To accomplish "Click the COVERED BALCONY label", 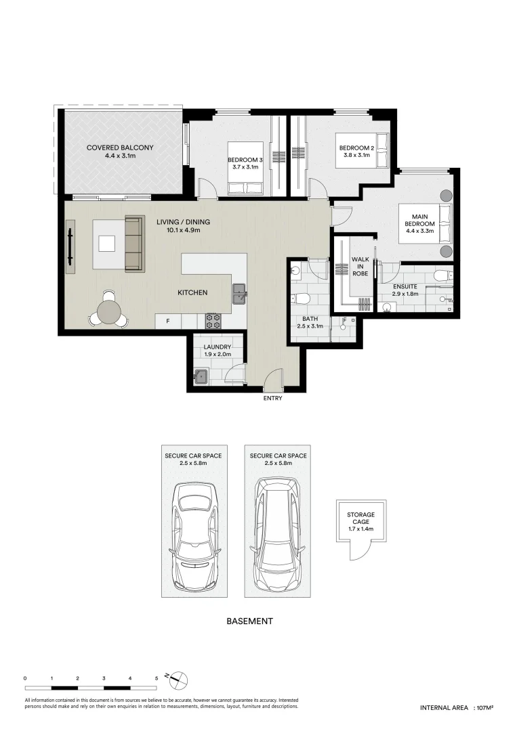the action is click(120, 148).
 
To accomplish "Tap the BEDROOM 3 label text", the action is click(245, 160).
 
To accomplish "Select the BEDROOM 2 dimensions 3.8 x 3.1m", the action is click(357, 155).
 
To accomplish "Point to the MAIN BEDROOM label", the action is click(419, 220).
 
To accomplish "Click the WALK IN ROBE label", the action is click(360, 266).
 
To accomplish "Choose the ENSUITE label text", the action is click(405, 287).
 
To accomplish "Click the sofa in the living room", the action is click(134, 244).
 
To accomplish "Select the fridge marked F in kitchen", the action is click(168, 321).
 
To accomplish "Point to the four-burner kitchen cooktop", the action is click(213, 321).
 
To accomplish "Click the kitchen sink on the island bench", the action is click(240, 293).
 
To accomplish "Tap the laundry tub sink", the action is click(201, 377).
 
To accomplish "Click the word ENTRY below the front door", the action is click(272, 398).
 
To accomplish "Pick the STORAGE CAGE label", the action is click(360, 518).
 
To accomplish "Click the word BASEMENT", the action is click(249, 621).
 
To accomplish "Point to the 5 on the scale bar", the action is click(157, 678).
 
